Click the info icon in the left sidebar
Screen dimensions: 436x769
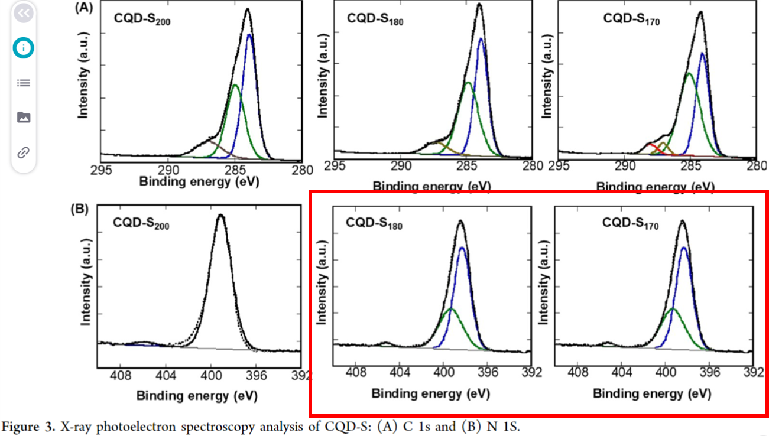[24, 48]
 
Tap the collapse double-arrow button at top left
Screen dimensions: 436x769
[24, 13]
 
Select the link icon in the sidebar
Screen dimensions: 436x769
[24, 152]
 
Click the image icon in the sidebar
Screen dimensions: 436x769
[24, 117]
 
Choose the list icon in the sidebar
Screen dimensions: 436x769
[24, 83]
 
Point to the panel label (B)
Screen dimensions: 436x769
[79, 208]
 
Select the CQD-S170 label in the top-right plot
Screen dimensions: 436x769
[631, 19]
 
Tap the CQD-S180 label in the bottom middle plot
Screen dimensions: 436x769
[374, 223]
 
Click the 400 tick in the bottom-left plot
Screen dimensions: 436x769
[211, 375]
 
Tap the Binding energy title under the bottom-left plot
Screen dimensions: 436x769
[196, 395]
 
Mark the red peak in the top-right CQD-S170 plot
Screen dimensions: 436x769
[651, 145]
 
